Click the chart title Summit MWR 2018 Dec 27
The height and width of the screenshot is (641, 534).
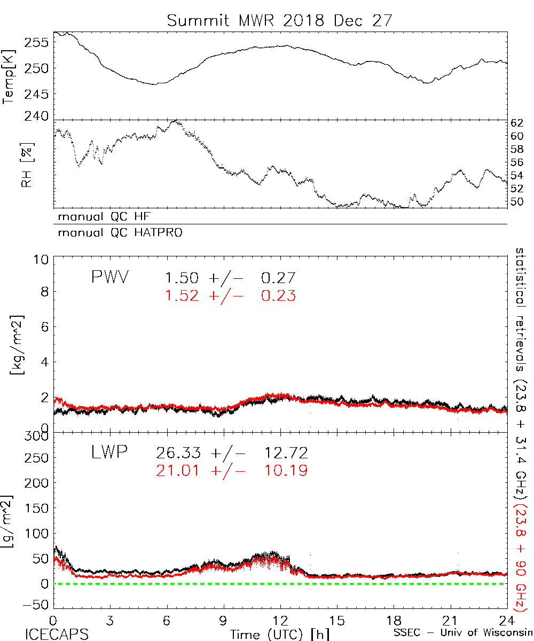(279, 20)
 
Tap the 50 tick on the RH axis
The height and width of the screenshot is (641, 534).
(519, 202)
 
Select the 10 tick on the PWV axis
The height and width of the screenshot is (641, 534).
(42, 260)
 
